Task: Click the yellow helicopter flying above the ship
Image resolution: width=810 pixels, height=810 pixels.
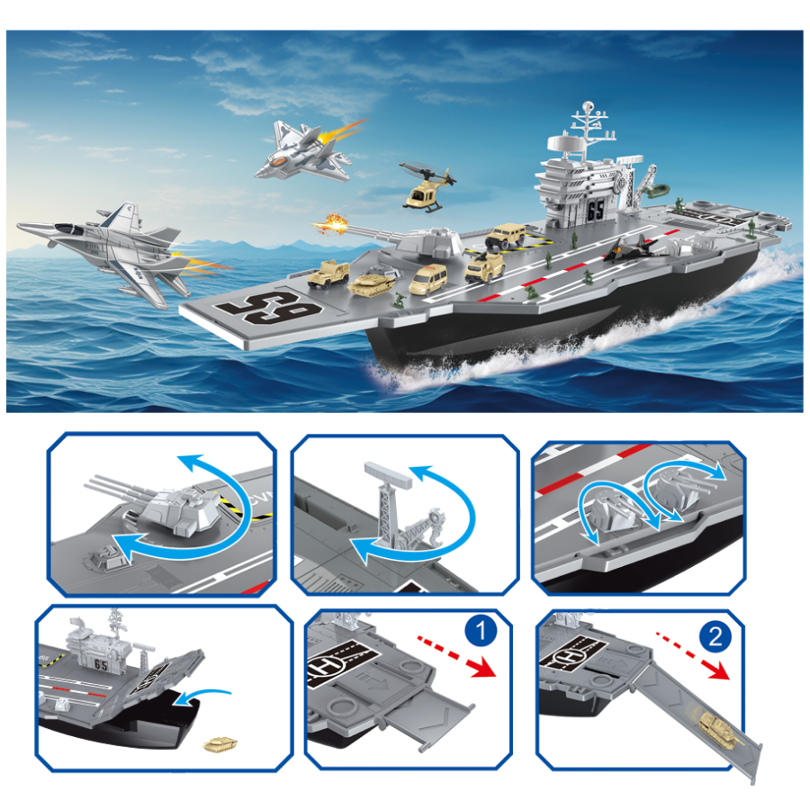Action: tap(426, 189)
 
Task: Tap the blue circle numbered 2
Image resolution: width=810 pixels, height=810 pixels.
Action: tap(714, 637)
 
